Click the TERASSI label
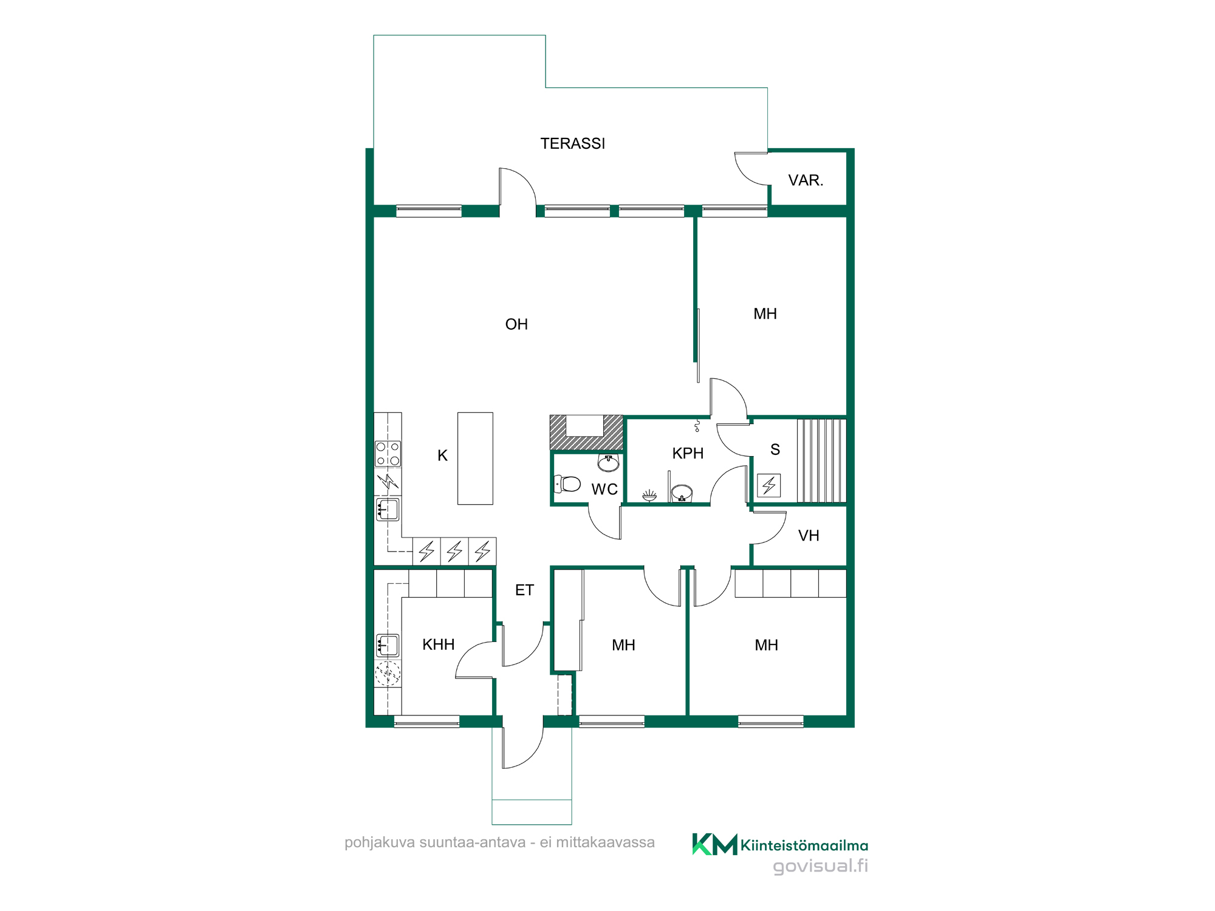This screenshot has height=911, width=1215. pos(572,144)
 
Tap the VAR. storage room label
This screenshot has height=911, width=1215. pos(806,180)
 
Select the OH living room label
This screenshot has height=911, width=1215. pos(516,324)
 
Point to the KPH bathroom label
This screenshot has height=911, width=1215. pos(688,453)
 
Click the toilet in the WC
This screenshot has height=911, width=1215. pos(567,484)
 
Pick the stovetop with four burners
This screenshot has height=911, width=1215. pos(388,454)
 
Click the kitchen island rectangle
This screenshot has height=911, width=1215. pos(475,459)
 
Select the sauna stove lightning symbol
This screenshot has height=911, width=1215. pos(769,485)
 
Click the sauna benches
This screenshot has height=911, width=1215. pos(821,461)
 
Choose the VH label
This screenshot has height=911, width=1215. pos(809,536)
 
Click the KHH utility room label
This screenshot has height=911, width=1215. pos(439,644)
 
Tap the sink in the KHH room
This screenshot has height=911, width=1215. pos(388,645)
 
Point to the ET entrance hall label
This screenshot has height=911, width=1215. pos(524,590)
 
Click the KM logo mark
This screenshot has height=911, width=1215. pos(714,844)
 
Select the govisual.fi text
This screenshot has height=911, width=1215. pos(820,865)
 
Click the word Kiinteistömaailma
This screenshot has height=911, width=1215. pos(804,845)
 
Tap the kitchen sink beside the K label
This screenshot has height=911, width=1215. pos(388,510)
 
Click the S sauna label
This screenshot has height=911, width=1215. pos(775,449)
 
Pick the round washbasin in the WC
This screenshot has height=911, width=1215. pos(608,463)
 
